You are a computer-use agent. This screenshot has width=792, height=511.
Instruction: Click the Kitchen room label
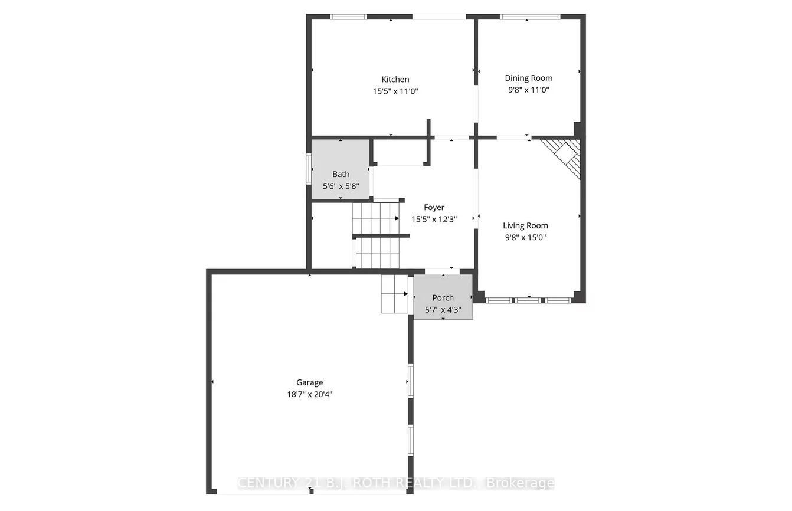click(395, 80)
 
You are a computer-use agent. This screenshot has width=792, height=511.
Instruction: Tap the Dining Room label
click(528, 78)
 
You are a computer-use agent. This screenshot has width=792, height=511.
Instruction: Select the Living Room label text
click(525, 225)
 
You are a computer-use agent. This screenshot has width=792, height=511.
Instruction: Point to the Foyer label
click(434, 207)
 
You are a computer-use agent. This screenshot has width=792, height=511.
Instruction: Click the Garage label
click(309, 382)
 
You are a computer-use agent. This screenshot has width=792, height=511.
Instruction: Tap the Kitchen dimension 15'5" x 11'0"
click(395, 91)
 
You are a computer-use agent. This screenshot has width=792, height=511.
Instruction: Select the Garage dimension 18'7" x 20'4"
click(309, 394)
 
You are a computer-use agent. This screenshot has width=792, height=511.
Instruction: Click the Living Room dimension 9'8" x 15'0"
click(525, 237)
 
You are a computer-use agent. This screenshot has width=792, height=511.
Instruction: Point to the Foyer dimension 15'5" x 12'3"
click(434, 219)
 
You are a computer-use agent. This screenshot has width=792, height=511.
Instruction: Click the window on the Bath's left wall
click(309, 169)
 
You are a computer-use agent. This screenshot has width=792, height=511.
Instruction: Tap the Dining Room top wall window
click(529, 17)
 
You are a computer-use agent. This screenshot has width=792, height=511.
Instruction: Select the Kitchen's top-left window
click(348, 17)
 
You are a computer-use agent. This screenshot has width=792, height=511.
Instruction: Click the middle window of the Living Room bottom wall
click(528, 300)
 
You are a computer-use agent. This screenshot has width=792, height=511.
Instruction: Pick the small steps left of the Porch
click(394, 293)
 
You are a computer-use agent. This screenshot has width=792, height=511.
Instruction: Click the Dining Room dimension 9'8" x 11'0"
click(528, 90)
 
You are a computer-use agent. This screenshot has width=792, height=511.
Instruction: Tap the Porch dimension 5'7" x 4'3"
click(443, 309)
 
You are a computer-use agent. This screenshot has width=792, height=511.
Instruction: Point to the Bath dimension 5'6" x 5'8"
click(341, 185)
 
